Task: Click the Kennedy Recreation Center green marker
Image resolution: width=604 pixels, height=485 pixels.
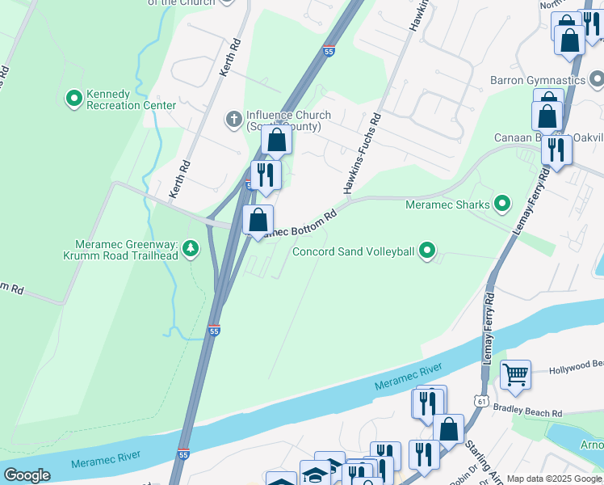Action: coord(74,98)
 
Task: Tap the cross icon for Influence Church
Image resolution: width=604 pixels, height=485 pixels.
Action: coord(233,120)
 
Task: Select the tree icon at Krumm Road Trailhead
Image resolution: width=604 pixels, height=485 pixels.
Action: coord(191,247)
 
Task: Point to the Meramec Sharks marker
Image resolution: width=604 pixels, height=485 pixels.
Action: coord(502,204)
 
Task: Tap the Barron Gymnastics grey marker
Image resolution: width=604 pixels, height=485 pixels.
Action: coord(597,80)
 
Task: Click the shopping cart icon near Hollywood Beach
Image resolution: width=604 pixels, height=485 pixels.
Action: coord(515,375)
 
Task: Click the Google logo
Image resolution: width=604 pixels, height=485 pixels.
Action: coord(27,475)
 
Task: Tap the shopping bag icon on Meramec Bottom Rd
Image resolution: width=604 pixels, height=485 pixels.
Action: coord(258,220)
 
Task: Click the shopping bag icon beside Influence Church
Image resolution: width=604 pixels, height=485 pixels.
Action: coord(276,141)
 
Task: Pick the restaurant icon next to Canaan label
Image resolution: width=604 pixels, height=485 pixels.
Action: coord(556,150)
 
